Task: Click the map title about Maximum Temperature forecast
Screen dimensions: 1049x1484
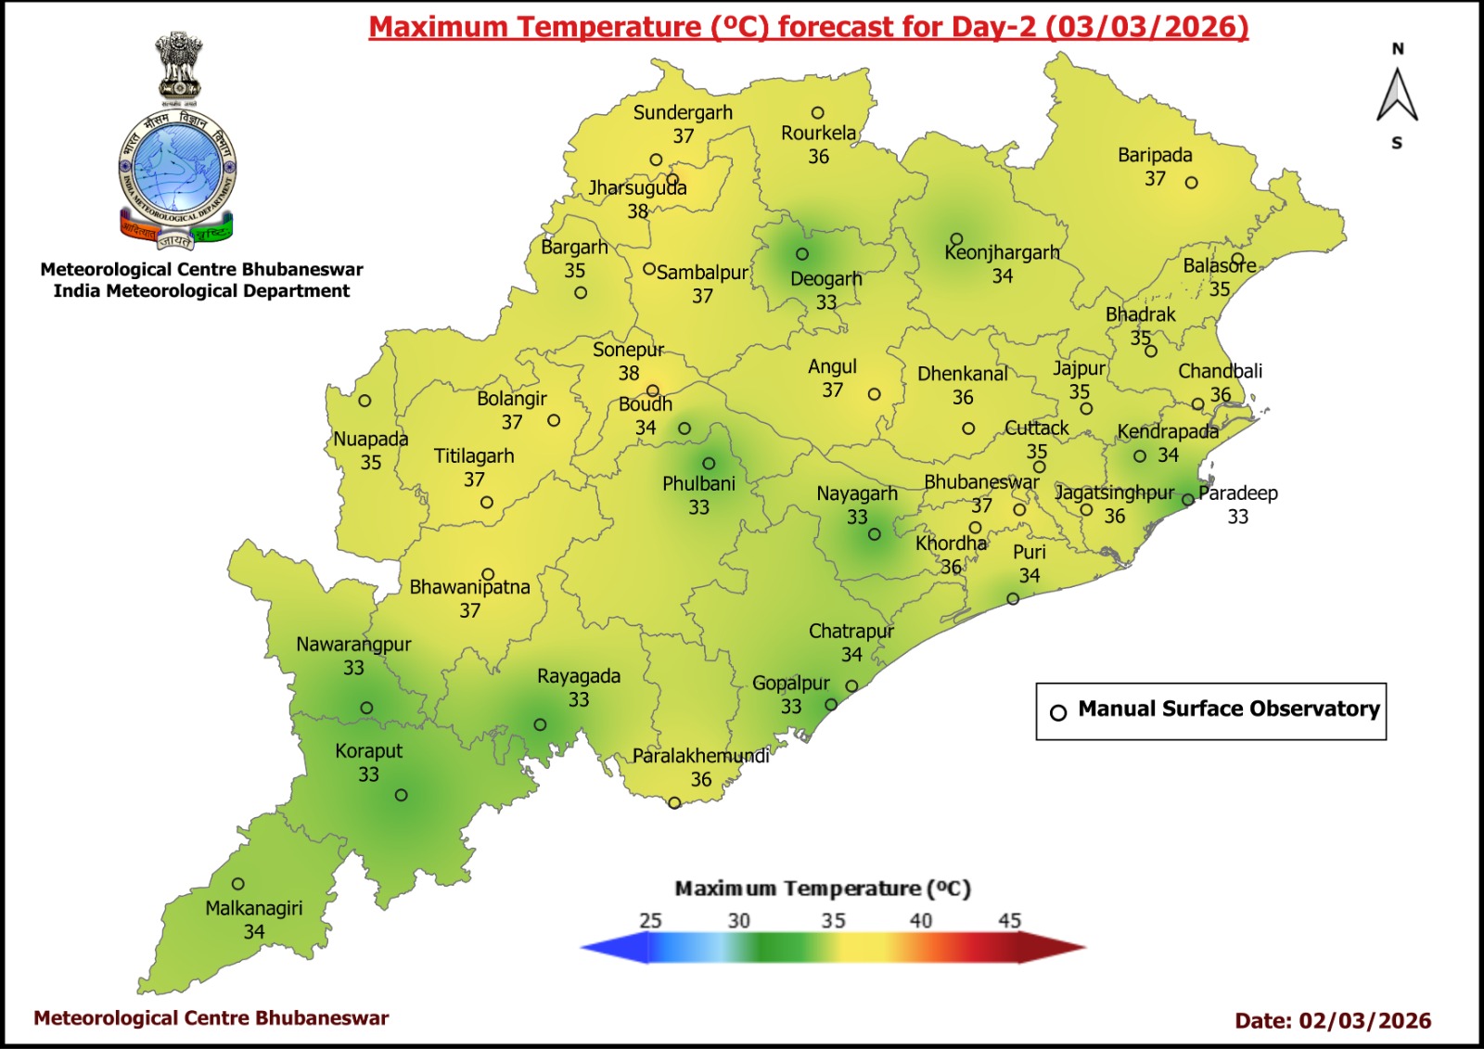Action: click(808, 27)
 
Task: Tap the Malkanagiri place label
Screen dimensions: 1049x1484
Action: click(253, 908)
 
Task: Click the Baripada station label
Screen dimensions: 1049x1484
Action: click(1155, 155)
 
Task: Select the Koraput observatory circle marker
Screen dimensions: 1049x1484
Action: click(401, 795)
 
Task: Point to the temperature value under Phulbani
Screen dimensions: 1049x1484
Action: click(698, 507)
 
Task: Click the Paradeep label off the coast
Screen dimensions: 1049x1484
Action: click(1237, 493)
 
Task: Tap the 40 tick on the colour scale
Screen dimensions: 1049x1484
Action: click(920, 921)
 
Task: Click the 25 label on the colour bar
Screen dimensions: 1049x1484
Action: click(650, 921)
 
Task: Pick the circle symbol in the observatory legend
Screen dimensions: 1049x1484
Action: click(1058, 712)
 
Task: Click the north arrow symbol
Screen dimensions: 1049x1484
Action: click(1397, 96)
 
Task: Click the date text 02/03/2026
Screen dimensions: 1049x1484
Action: click(1364, 1020)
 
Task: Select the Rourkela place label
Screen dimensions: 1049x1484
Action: click(818, 133)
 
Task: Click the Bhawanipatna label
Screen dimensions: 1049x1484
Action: click(469, 587)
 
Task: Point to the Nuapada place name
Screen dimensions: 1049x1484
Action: click(370, 439)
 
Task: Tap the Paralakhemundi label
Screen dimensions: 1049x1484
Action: click(700, 756)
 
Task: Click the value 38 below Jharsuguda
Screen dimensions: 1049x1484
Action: click(637, 211)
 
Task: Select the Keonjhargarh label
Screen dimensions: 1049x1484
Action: click(1002, 252)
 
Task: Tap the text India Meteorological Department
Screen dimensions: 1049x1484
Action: click(201, 291)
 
